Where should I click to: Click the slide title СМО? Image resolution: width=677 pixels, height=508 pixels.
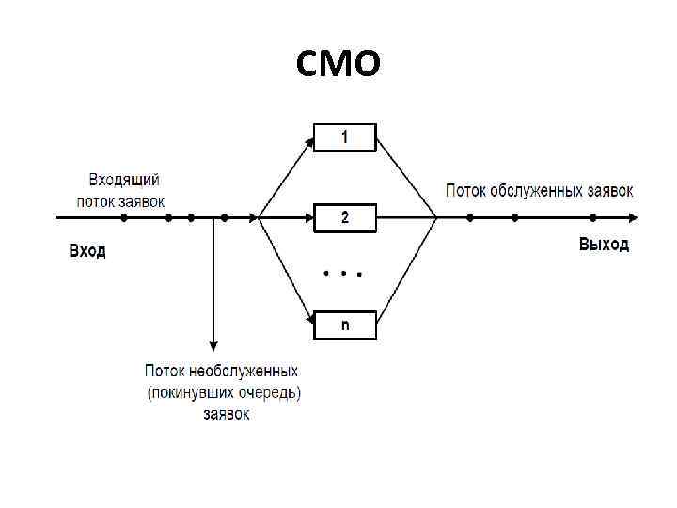point(338,64)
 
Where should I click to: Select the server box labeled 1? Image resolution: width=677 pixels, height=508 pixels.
point(344,137)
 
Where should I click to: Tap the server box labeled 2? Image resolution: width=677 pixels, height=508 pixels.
point(344,218)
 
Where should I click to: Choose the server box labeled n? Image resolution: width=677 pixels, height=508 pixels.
point(344,325)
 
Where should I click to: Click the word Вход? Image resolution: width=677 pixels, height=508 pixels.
point(87,250)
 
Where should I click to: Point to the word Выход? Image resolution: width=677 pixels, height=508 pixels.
point(604,245)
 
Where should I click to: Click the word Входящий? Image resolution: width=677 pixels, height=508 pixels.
point(124,180)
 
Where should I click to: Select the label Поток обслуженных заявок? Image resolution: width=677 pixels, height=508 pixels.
point(539,190)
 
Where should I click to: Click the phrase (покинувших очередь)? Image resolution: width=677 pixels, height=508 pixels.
point(224,392)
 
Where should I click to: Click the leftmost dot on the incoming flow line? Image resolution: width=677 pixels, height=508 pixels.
point(124,218)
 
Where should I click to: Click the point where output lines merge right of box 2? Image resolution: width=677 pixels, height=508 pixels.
point(436,218)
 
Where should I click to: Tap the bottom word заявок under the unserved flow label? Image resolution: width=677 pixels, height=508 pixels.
point(227,413)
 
